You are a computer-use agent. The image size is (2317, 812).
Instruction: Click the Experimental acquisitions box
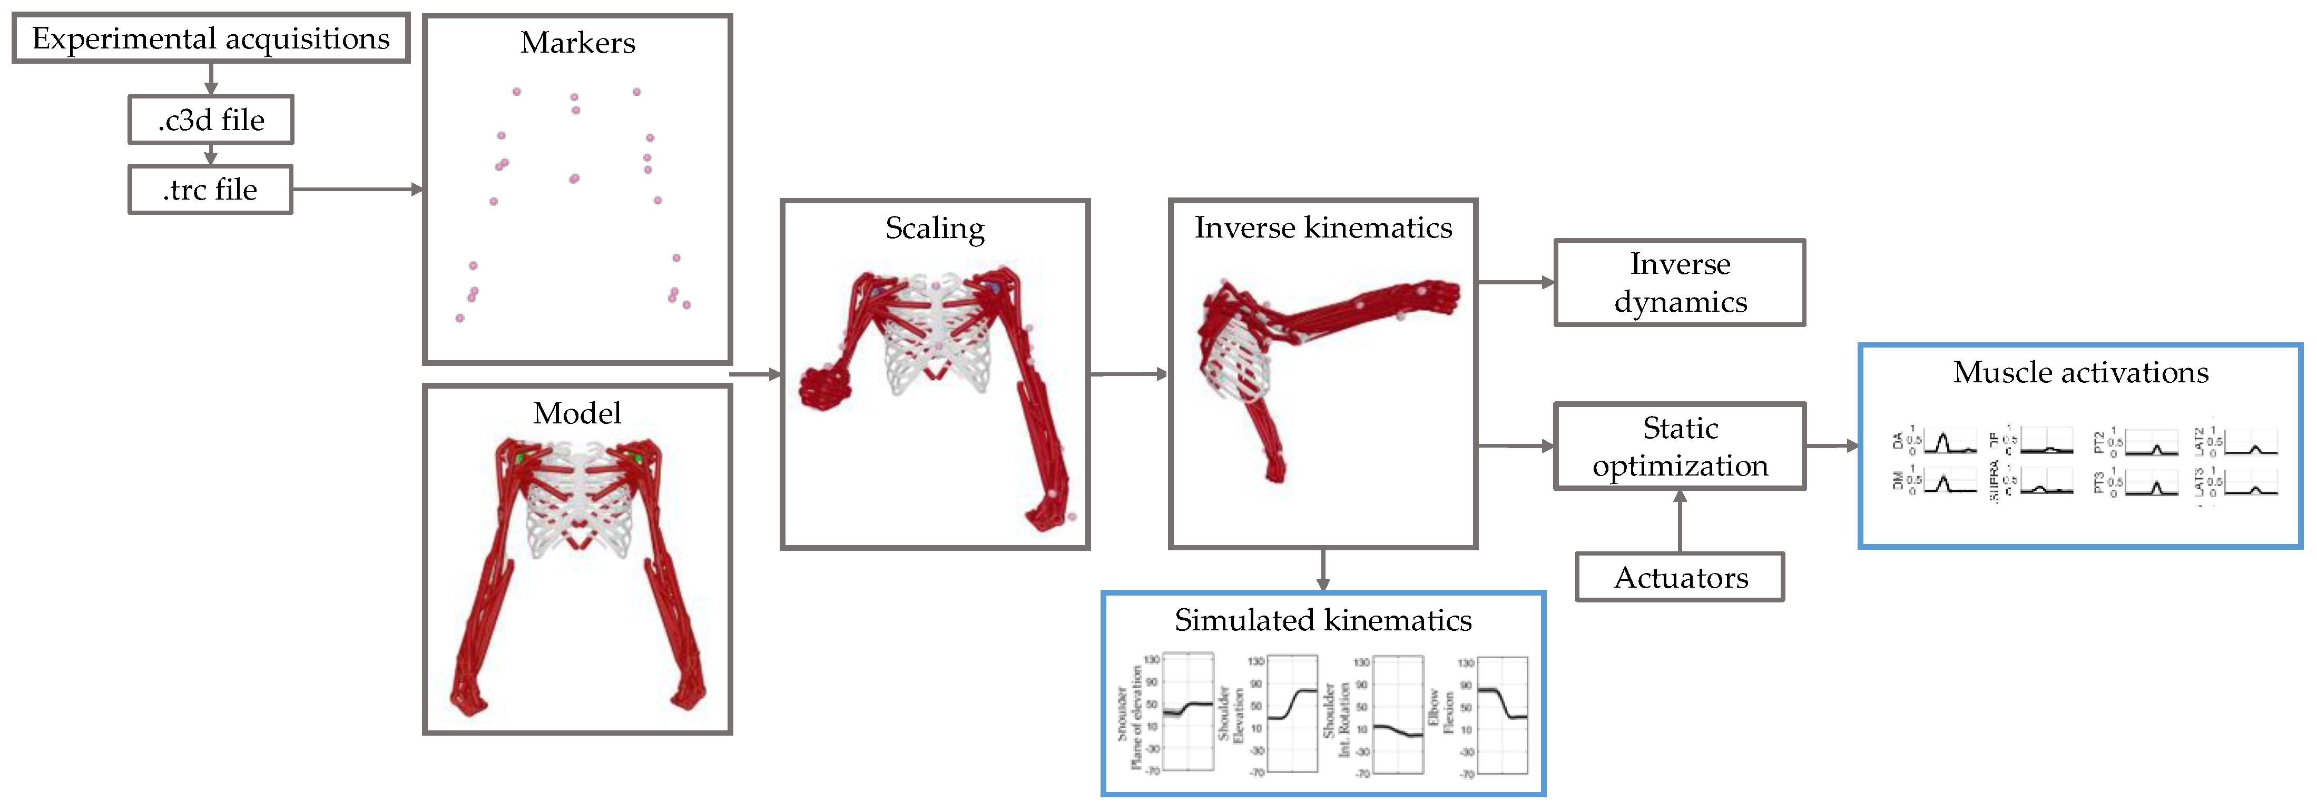[211, 38]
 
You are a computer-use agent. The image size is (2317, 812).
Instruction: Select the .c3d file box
[211, 120]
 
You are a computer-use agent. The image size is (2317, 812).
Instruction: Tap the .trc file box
[211, 190]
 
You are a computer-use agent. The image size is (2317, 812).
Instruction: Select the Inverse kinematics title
[1323, 227]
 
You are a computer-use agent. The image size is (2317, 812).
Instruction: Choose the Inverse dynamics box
[1680, 282]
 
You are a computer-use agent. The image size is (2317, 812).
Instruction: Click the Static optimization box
[1680, 446]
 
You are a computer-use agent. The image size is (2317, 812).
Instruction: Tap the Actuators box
[1680, 577]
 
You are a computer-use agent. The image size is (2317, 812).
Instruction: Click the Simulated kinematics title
[1323, 620]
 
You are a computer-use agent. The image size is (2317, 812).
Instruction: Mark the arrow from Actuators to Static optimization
[1680, 521]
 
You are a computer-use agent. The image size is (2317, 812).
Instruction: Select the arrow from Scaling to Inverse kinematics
[1129, 374]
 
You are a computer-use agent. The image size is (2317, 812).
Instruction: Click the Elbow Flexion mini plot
[1502, 715]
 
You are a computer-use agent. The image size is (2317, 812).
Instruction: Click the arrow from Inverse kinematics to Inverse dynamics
[1516, 282]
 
